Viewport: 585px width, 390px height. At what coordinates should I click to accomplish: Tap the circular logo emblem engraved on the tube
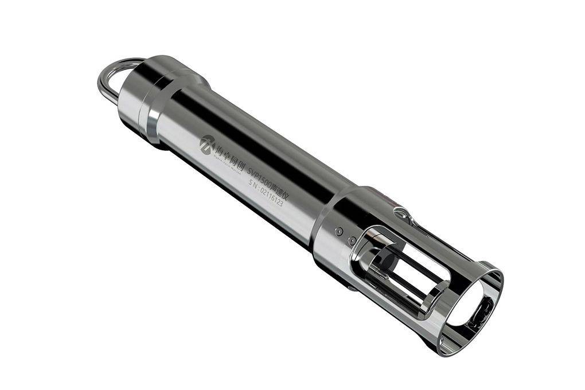coord(207,141)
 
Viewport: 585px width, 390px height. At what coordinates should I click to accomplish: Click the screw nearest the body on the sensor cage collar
coord(339,231)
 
